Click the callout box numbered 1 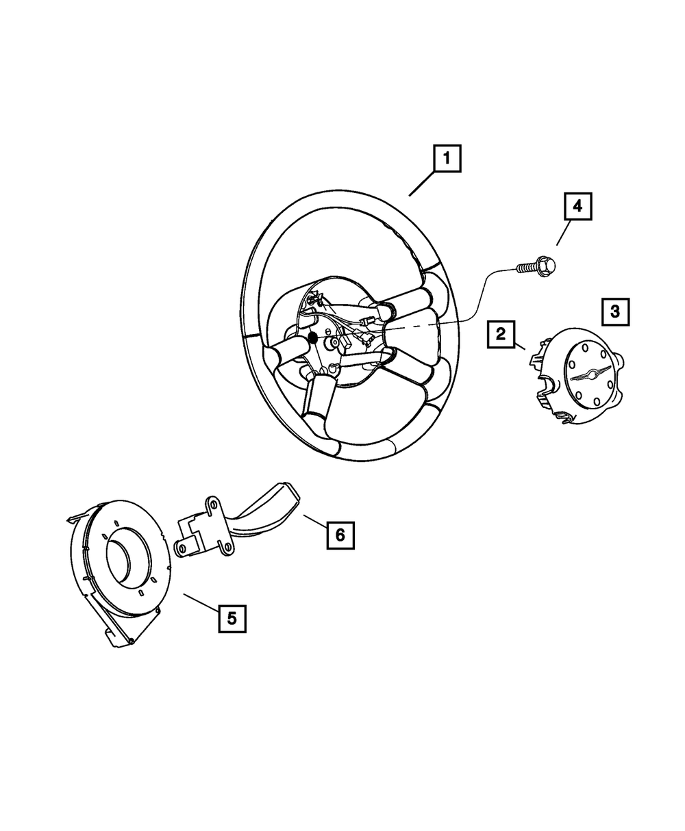pos(446,160)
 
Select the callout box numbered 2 pos(501,334)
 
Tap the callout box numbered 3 pos(615,311)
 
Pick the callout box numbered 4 pos(577,206)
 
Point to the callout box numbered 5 pos(232,618)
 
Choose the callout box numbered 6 pos(340,535)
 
